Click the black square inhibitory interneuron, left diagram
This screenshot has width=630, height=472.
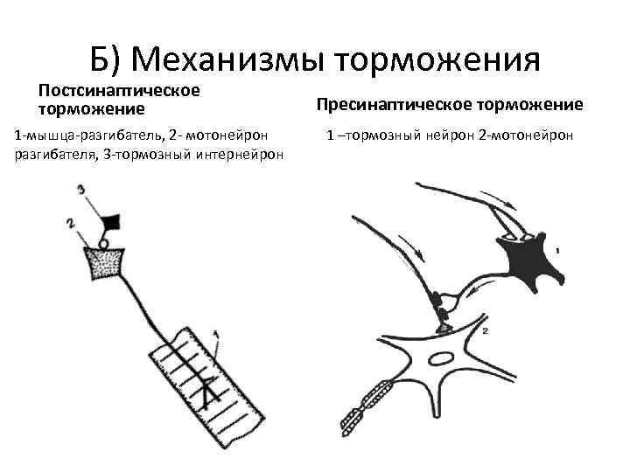[110, 222]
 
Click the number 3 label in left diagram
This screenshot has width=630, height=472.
[80, 189]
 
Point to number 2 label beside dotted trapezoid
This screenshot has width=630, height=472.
[69, 225]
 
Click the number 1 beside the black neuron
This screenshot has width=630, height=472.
[556, 251]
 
